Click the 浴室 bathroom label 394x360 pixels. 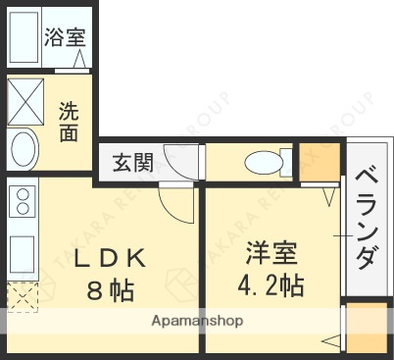pyautogui.click(x=66, y=38)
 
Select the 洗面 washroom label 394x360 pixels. pyautogui.click(x=68, y=121)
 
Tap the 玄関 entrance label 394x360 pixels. pyautogui.click(x=131, y=162)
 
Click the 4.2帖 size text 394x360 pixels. pyautogui.click(x=271, y=285)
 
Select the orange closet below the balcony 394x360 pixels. pyautogui.click(x=365, y=330)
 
